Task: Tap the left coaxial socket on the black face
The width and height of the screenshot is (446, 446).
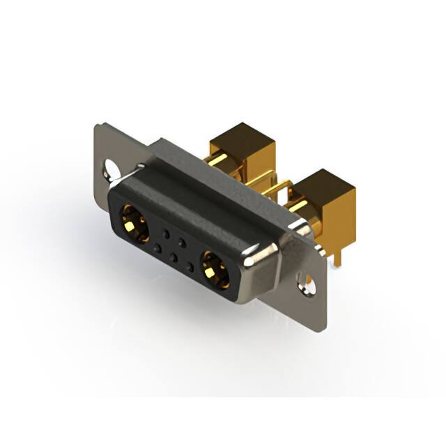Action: [x=134, y=222]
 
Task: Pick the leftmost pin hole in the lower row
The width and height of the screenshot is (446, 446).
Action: [x=157, y=248]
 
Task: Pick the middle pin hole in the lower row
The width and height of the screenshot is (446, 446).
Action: [x=174, y=256]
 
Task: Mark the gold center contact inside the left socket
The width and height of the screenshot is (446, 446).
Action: [x=132, y=223]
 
